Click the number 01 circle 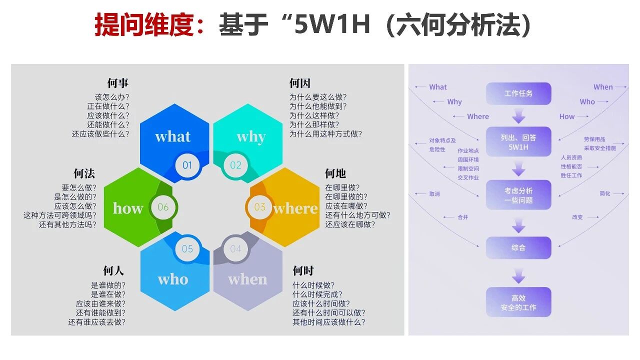coord(187,165)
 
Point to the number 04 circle coord(235,249)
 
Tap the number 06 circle coord(163,207)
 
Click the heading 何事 coord(118,83)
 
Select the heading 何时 coord(303,271)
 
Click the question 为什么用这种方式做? coord(325,134)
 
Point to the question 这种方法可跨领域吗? coord(60,215)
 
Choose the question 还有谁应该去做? coord(97,322)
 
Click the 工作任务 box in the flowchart coord(518,93)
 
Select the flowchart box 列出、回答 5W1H coord(518,142)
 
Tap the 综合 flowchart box coord(518,247)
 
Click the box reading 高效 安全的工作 coord(518,302)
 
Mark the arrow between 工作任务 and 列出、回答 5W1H coord(518,117)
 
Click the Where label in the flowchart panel coord(478,116)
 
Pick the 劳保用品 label coord(594,139)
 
